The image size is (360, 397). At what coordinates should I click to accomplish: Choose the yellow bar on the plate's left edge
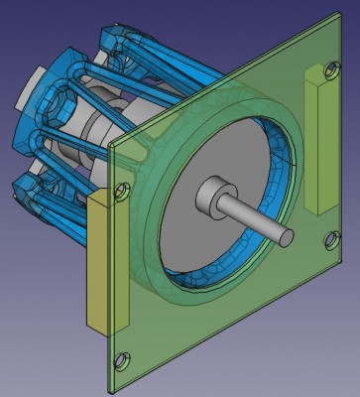(99, 263)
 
